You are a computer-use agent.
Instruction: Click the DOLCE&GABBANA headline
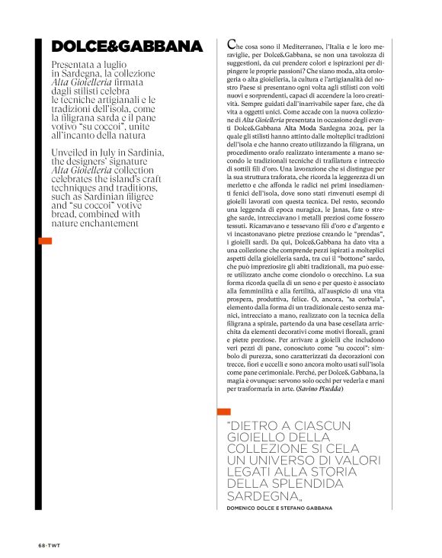127,47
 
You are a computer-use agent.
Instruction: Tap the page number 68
42,547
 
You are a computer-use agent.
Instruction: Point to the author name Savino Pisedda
322,390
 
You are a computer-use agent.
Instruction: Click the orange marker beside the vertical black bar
45,241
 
